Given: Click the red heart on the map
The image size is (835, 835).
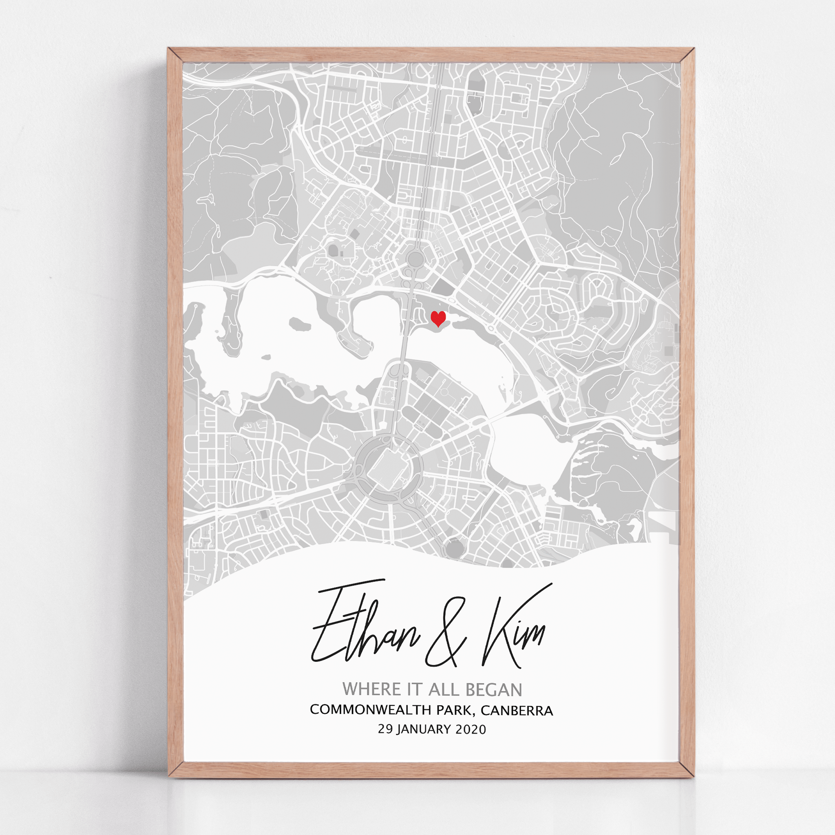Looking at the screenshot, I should (438, 319).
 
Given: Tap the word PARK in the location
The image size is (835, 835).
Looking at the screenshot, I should (455, 710).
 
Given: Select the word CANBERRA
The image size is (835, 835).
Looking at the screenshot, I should (517, 711).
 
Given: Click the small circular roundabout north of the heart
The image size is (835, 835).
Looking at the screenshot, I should (415, 259).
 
